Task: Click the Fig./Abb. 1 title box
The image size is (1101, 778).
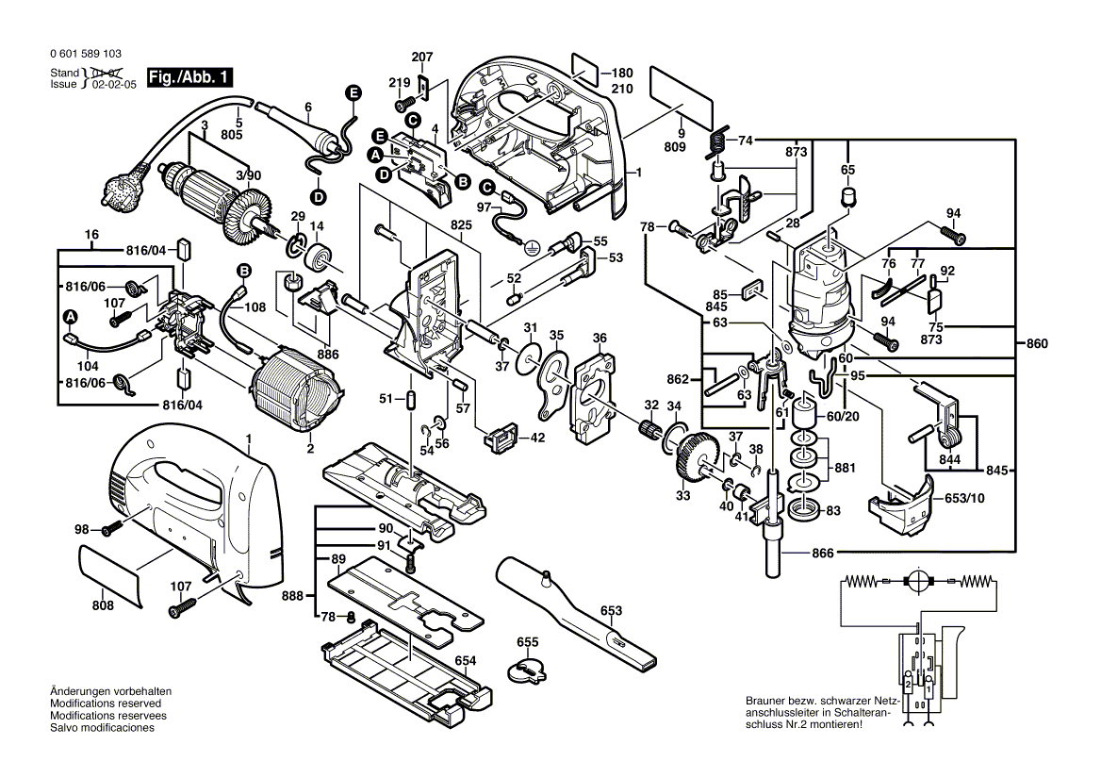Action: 189,77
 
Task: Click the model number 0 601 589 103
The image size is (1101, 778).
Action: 85,55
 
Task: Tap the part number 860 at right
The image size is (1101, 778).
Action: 1036,345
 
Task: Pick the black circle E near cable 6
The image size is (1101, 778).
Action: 353,92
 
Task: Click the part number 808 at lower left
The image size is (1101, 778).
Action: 104,604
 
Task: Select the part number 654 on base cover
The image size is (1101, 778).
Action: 466,660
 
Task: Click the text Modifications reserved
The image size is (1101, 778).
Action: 105,704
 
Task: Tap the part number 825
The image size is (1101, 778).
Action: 460,225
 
